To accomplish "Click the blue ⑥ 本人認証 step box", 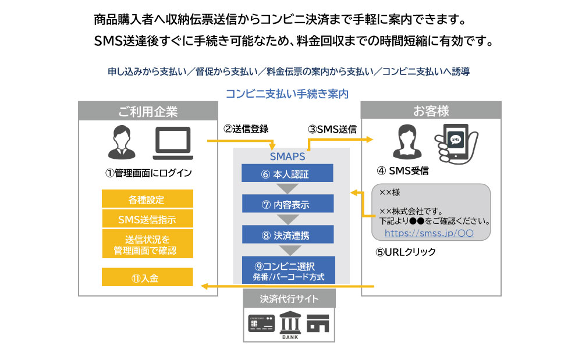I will [288, 173].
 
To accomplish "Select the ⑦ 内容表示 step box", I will [288, 204].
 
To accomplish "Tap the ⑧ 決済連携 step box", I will [288, 234].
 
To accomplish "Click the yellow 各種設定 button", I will [147, 199].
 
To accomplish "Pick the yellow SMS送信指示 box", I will [147, 219].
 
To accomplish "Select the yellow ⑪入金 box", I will [147, 277].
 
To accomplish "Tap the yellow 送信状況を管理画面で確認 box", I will [147, 245].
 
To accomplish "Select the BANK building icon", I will [289, 324].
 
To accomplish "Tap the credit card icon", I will [261, 323].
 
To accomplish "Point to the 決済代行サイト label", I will [289, 299].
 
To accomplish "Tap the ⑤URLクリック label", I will [406, 252].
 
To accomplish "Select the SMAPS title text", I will [288, 156].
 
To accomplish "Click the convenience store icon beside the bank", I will [318, 323].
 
